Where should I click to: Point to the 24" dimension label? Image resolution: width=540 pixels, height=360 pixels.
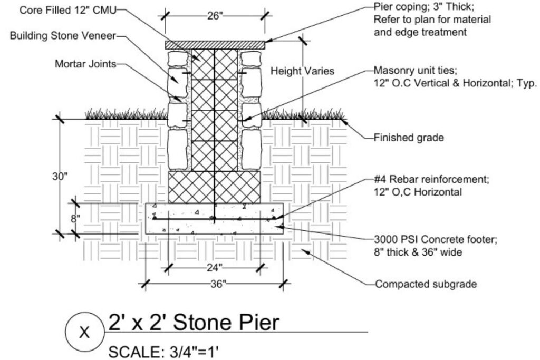tap(214, 267)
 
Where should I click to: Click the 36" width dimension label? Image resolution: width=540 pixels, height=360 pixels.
tap(215, 284)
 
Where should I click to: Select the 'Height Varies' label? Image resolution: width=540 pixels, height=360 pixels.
tap(302, 71)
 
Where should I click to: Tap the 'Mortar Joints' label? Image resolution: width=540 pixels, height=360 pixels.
tap(85, 64)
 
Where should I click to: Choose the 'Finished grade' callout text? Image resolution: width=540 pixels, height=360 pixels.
tap(409, 138)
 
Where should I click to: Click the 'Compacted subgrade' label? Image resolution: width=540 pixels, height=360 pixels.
tap(426, 284)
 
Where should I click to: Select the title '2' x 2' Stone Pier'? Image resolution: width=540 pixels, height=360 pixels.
tap(192, 322)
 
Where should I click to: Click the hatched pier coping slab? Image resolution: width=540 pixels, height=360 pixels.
tap(215, 45)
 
